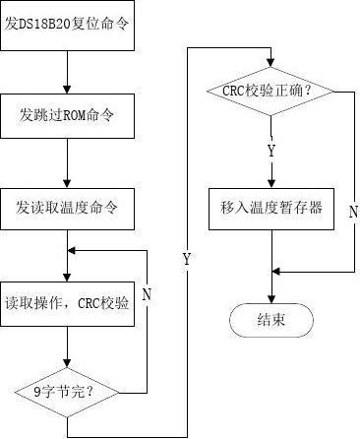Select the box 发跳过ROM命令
pos(66,115)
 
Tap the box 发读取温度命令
pos(66,208)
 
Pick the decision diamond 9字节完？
pos(66,392)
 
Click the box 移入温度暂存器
pos(271,208)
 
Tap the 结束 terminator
pos(270,320)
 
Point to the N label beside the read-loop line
pos(147,292)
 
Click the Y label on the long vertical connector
pos(186,259)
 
